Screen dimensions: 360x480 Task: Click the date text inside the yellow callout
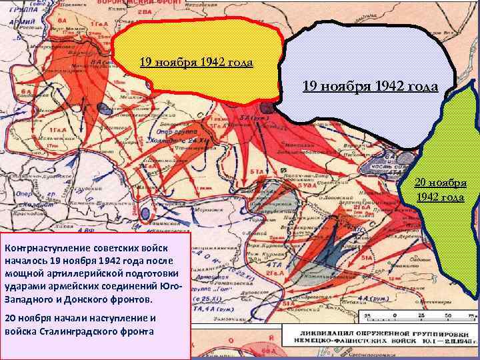pos(196,63)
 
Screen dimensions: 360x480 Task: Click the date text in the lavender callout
pos(370,86)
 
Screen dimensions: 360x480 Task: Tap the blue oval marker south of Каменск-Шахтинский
pos(145,213)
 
